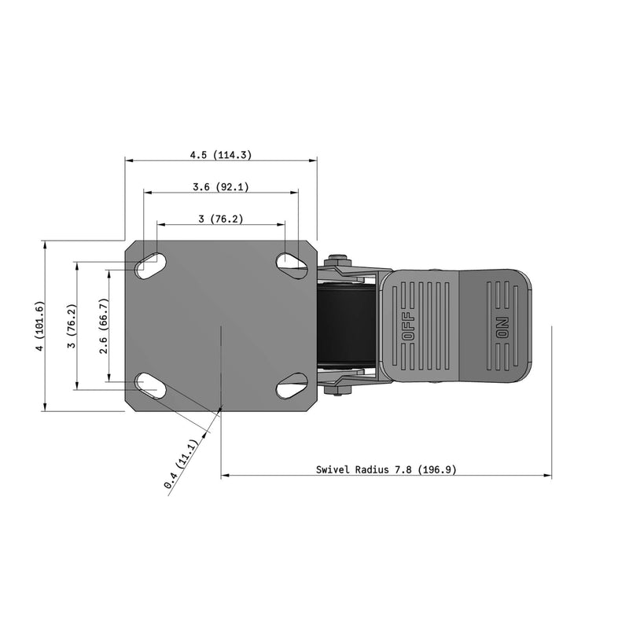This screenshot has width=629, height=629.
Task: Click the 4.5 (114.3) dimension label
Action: (x=220, y=155)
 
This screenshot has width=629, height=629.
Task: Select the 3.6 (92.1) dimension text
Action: (x=220, y=187)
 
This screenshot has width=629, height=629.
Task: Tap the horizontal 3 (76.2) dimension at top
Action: (x=220, y=219)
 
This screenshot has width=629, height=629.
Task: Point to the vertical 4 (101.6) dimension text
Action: (x=39, y=326)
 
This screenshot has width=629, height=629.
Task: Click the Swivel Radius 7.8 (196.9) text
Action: (x=386, y=469)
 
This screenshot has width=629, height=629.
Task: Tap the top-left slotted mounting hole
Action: (x=149, y=266)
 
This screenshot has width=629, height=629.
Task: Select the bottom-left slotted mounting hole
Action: (x=149, y=385)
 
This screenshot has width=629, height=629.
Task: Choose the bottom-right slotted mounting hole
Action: (x=292, y=385)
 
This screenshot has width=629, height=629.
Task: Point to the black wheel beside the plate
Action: (x=346, y=325)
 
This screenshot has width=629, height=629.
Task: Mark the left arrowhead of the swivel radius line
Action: (x=225, y=476)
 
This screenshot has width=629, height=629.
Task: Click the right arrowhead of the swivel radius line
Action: (x=548, y=476)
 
